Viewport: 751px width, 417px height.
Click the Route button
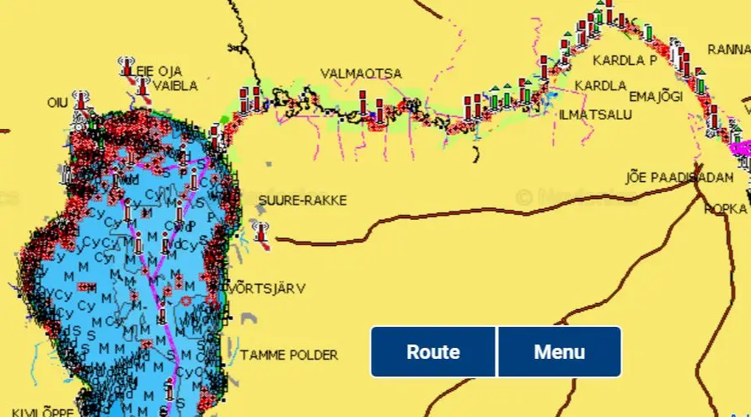(x=433, y=352)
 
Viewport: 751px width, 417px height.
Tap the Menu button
(x=559, y=352)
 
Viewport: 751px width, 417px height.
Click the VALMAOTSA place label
(x=361, y=74)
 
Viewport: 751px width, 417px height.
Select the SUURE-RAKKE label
(x=302, y=200)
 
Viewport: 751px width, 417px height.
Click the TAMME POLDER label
(x=289, y=356)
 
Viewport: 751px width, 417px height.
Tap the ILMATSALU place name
(x=595, y=114)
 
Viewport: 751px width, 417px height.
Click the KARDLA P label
(x=624, y=61)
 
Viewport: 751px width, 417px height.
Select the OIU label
(x=57, y=103)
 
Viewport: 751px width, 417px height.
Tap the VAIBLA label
(x=177, y=86)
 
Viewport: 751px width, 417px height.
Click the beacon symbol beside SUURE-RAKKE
(x=261, y=233)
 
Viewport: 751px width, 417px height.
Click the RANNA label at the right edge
(x=728, y=49)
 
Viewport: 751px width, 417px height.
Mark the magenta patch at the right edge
(x=740, y=147)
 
